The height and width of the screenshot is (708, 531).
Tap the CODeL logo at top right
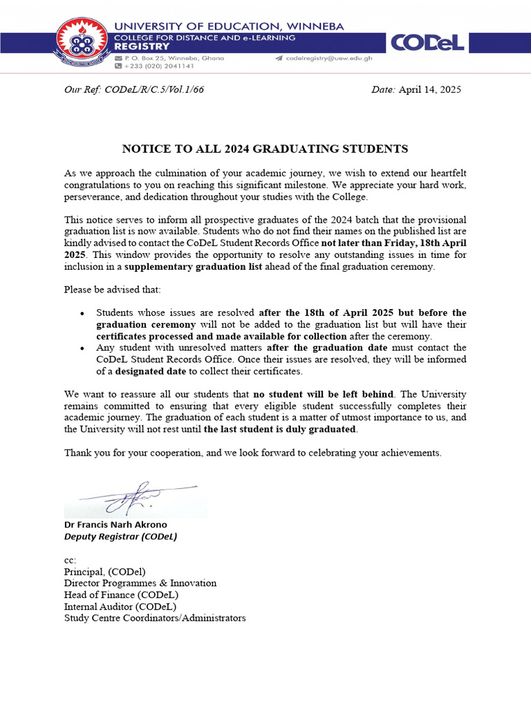coord(427,44)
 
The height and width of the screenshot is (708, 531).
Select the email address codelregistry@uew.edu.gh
coord(328,59)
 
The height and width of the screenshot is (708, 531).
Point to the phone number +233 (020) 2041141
coord(158,66)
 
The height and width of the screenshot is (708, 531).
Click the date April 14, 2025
coord(429,90)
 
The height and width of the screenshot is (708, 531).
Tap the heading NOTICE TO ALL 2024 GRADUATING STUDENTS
coord(265,149)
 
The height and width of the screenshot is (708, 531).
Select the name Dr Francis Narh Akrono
coord(115,525)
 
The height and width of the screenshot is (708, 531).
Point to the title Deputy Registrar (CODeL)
coord(120,537)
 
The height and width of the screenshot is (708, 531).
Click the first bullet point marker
coord(82,314)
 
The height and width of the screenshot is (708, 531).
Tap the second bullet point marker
coord(82,348)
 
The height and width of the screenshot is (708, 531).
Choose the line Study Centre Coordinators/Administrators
coord(155,618)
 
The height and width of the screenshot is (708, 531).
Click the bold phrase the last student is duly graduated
coord(281,429)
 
